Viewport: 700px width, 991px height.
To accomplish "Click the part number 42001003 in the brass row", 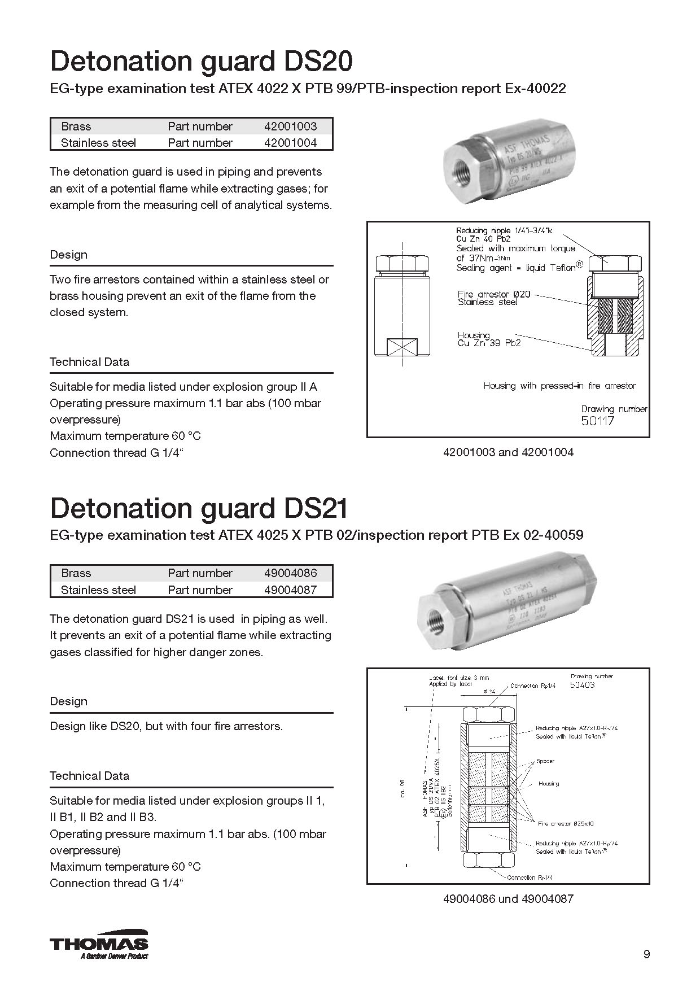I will click(x=290, y=126).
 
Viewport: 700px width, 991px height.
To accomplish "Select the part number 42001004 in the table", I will click(x=290, y=143).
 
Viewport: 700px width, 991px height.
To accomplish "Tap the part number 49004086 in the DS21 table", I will click(x=290, y=573).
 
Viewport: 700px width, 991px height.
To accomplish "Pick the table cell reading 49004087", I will click(x=290, y=590).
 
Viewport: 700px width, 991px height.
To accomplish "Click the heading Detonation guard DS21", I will click(x=199, y=508).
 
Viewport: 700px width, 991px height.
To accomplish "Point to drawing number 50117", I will click(x=597, y=421).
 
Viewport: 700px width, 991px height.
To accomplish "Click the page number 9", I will click(x=646, y=954).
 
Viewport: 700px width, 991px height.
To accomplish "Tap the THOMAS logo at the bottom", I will click(x=99, y=944).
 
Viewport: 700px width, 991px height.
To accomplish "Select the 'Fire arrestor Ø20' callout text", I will click(x=494, y=295).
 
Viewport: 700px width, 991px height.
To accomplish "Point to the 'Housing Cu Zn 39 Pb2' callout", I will click(x=489, y=339).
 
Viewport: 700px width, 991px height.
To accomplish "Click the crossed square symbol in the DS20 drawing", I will click(x=401, y=347).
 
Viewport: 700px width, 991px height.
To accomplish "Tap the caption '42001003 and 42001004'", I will click(x=508, y=452).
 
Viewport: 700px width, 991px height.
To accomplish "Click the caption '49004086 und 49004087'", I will click(x=508, y=898).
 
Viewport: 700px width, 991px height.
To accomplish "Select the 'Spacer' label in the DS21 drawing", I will click(x=545, y=761).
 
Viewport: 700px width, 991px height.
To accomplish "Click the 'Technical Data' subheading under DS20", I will click(x=89, y=362).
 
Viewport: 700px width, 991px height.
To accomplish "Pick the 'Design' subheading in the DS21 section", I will click(x=68, y=701).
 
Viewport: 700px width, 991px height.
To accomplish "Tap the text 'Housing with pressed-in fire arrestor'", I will click(x=559, y=386).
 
